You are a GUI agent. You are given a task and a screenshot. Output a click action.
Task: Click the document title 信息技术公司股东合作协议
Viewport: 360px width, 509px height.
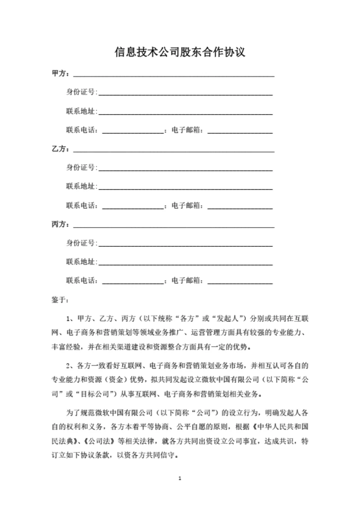click(x=180, y=52)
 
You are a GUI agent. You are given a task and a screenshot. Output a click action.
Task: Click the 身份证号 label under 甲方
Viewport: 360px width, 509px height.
click(x=81, y=93)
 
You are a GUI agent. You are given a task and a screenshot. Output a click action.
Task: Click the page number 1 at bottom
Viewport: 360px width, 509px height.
click(x=180, y=478)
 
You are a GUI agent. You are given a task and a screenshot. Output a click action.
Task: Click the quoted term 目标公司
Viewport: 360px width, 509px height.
click(x=95, y=394)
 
